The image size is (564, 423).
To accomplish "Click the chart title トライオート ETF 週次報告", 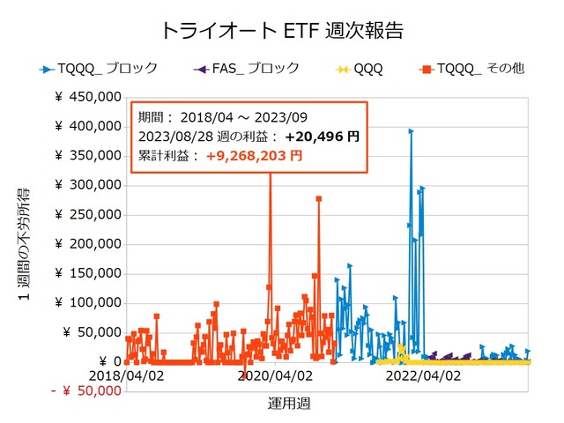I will pos(282,30).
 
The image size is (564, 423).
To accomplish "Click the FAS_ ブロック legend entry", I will pos(256,67).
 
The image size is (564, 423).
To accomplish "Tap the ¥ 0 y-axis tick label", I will pos(106,361).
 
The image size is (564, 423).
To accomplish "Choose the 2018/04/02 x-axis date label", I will pos(125,375).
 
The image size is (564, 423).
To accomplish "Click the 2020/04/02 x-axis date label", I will pos(276,375).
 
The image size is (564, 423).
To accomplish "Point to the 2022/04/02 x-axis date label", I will pos(426,375).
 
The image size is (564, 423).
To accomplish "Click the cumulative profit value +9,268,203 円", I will pos(254,155).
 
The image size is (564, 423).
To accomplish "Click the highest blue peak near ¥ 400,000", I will pos(411,131).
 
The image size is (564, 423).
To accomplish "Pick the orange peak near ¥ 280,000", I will pos(318,198).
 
